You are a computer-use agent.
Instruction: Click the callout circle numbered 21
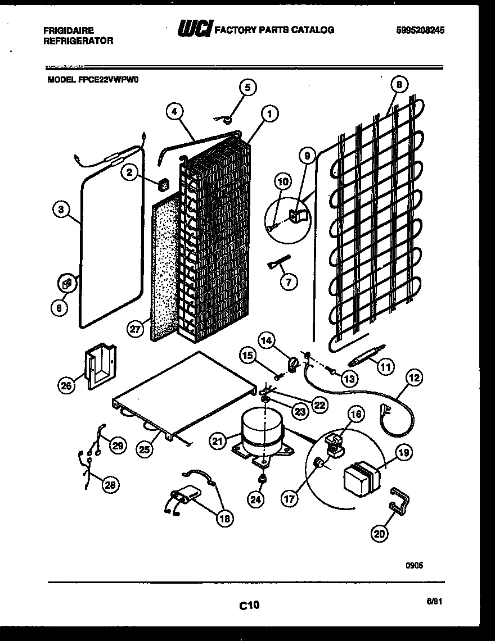coord(218,442)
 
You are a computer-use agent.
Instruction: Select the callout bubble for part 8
coord(398,85)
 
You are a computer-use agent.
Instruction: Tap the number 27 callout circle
coord(134,330)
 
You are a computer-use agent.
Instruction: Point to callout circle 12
coord(413,379)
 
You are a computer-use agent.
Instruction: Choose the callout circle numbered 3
coord(61,210)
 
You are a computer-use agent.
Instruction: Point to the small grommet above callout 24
coord(262,479)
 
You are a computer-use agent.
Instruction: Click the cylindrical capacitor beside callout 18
coord(186,498)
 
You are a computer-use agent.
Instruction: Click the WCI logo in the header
coord(195,30)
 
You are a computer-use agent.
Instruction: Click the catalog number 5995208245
coord(420,31)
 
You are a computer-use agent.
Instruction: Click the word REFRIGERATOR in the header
coord(78,40)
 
